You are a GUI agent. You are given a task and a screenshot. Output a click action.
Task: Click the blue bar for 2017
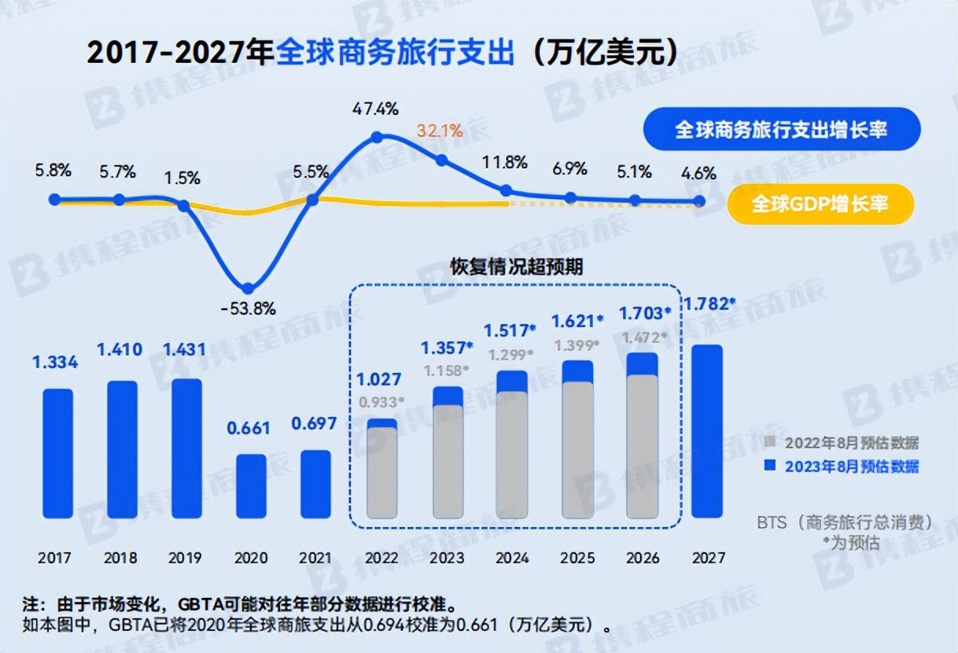57,452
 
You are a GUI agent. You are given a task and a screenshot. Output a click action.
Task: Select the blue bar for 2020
252,485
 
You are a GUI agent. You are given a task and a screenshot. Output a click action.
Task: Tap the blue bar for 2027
706,431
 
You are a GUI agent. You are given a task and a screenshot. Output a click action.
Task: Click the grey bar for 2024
512,455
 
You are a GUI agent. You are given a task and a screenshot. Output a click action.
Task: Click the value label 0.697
314,424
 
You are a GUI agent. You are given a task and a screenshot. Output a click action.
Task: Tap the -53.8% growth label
249,308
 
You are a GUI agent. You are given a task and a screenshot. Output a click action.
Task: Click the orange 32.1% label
440,131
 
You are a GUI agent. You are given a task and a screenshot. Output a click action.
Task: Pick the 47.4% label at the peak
376,109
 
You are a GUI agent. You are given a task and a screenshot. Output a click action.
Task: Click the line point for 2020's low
248,289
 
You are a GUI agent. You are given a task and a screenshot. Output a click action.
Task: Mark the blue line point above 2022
377,138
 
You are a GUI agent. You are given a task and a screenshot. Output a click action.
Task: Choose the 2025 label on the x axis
577,558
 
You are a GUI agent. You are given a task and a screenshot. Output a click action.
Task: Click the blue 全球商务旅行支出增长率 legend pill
781,129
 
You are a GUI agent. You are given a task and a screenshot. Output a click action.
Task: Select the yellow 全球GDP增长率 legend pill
820,205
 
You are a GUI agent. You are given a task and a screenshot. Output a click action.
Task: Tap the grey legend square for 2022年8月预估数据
771,443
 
